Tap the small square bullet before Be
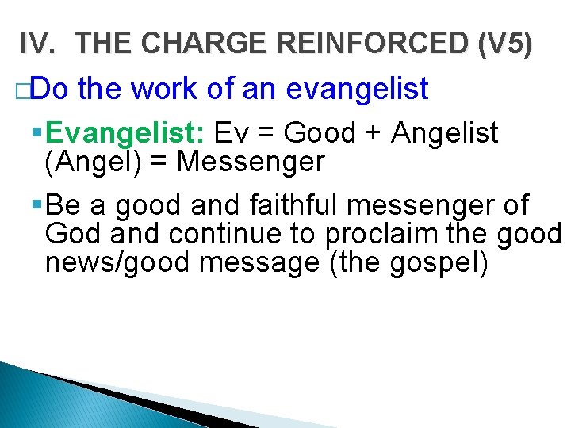[38, 204]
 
